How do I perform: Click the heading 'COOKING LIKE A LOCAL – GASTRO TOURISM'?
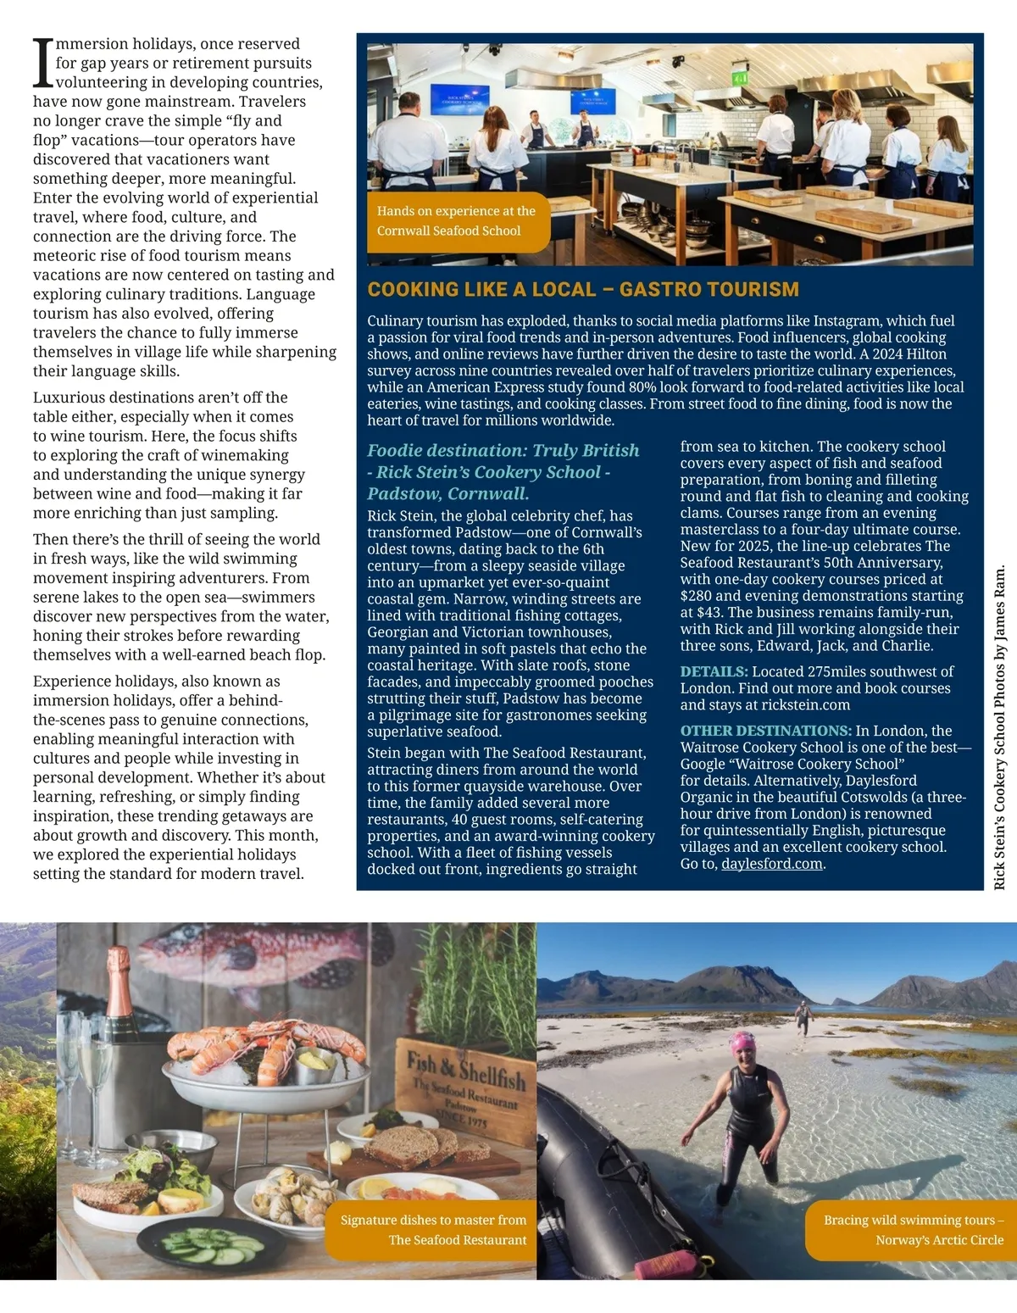[583, 290]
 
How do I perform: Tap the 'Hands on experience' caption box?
[458, 221]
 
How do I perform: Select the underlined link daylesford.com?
[772, 864]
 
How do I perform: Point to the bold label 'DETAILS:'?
[714, 671]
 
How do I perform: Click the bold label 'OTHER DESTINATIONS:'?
[765, 731]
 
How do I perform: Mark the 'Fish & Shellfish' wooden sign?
[465, 1081]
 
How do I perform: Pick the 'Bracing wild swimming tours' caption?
[913, 1230]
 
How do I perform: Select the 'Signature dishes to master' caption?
[433, 1230]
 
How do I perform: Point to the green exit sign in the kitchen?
[740, 78]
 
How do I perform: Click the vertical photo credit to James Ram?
[1000, 726]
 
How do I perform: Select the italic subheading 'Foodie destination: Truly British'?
[503, 451]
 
